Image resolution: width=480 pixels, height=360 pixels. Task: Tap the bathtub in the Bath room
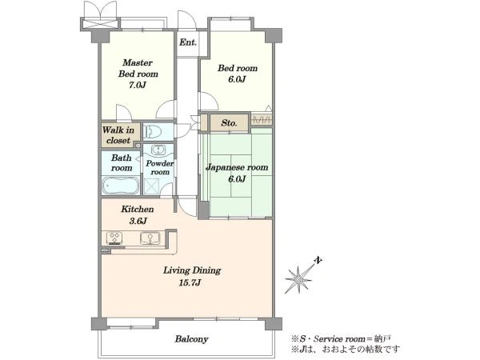click(121, 186)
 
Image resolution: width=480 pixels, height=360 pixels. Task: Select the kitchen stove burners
click(114, 238)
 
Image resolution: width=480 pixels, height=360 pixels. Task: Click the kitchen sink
click(150, 238)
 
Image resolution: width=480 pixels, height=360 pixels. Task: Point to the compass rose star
click(298, 279)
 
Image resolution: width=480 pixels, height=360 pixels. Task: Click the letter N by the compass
click(318, 261)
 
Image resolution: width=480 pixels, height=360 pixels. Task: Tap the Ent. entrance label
click(188, 42)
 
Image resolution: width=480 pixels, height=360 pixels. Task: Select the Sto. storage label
click(229, 123)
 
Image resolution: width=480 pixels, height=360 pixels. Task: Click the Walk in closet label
click(118, 135)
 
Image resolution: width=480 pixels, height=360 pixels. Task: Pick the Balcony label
click(192, 339)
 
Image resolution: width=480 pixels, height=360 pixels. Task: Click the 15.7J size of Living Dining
click(190, 282)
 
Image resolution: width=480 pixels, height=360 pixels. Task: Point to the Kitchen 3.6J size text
click(138, 221)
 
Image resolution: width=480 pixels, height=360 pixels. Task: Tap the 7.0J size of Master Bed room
click(138, 85)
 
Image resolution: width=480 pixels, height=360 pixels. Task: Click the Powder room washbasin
click(158, 150)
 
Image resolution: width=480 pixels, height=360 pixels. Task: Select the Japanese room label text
click(237, 167)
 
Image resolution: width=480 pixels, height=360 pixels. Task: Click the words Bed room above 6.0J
click(238, 68)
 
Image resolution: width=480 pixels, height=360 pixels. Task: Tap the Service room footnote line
click(341, 339)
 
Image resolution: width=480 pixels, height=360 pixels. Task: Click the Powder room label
click(159, 168)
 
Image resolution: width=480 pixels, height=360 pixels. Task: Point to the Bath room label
click(122, 163)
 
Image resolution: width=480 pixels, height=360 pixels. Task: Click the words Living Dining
click(192, 270)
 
